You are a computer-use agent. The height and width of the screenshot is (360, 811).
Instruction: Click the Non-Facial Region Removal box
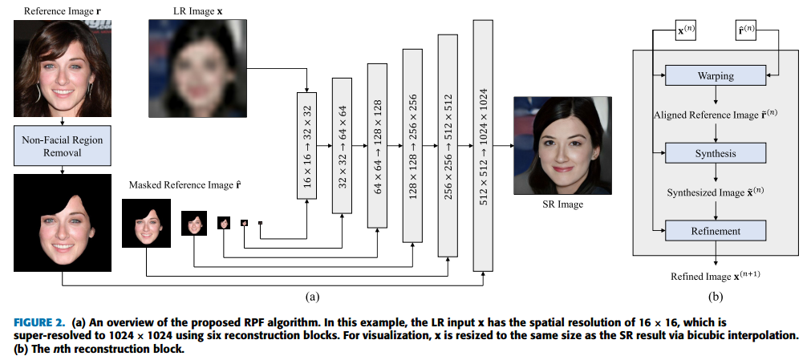(63, 146)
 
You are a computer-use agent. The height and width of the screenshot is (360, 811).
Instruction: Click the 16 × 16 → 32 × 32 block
(307, 145)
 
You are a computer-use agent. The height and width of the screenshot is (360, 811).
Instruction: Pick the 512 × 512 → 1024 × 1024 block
(483, 145)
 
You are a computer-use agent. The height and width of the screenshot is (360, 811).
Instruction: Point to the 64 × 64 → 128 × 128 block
(378, 145)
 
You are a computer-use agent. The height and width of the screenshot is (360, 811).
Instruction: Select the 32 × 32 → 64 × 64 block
(343, 145)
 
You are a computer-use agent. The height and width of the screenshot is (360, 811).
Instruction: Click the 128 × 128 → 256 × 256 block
(412, 145)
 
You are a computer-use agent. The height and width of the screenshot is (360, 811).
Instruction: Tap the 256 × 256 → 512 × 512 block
(448, 145)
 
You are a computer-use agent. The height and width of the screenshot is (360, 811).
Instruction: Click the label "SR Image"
(562, 204)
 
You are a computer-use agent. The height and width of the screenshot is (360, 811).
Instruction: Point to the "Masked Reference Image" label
(178, 185)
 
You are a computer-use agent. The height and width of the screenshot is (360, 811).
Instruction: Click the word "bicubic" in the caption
(677, 335)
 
